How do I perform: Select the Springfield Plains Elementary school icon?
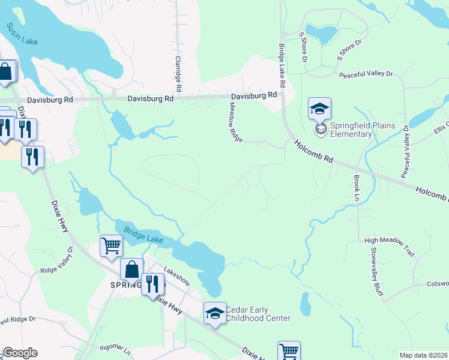[319, 109]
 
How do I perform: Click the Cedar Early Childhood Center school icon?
[215, 313]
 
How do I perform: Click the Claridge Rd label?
[178, 70]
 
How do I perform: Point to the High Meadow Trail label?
[390, 247]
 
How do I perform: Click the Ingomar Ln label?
[115, 347]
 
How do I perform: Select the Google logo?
[20, 353]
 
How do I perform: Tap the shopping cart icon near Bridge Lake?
[111, 245]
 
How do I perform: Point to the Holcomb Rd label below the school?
[313, 151]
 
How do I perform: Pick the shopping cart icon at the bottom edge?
[289, 351]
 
